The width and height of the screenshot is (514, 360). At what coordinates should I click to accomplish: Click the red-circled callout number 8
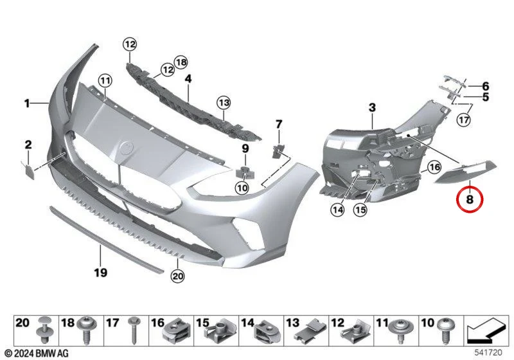click(x=470, y=199)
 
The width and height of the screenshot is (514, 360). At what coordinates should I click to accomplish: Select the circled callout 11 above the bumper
click(x=105, y=80)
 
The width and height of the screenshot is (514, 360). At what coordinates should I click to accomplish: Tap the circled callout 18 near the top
click(x=181, y=62)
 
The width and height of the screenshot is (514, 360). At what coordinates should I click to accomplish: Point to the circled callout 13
click(x=224, y=103)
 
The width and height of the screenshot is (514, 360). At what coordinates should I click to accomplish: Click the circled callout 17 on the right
click(x=464, y=120)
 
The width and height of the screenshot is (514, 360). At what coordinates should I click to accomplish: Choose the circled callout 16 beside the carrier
click(x=434, y=168)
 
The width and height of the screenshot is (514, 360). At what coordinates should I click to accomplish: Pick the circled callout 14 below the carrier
click(x=338, y=210)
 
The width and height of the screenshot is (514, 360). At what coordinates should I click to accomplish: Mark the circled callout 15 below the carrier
click(x=360, y=210)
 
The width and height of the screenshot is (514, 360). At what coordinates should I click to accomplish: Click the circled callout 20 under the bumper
click(x=178, y=276)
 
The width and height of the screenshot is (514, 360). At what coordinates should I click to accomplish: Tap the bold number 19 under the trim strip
click(x=100, y=273)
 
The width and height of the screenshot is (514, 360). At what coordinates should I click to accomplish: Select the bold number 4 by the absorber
click(x=188, y=78)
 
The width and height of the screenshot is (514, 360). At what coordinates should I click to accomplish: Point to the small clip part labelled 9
click(x=245, y=173)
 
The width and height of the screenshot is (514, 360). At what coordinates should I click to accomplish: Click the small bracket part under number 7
click(x=278, y=150)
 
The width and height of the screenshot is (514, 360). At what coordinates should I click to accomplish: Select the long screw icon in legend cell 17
click(x=134, y=330)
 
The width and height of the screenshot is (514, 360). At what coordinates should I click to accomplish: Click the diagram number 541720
click(x=488, y=353)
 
